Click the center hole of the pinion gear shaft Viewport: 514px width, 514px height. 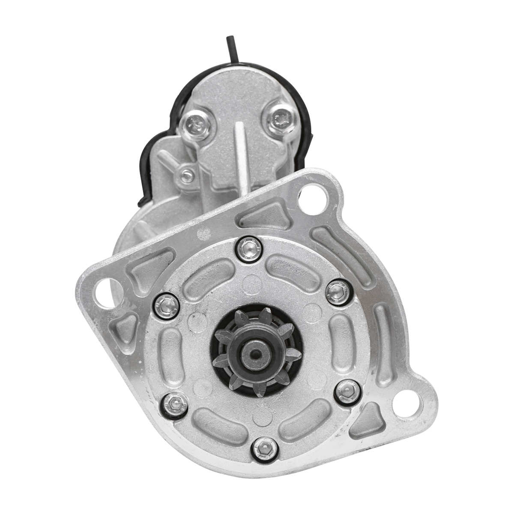pos(256,354)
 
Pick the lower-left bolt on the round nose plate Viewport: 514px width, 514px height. pos(175,403)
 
